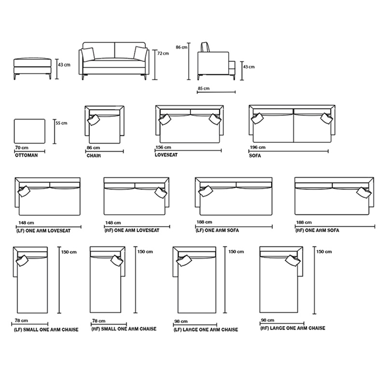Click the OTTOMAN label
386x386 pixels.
(26, 156)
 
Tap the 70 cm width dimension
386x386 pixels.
(22, 147)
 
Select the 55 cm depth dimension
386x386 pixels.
(61, 123)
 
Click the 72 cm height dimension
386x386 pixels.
(163, 54)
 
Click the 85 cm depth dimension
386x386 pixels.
(204, 88)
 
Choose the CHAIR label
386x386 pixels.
(94, 156)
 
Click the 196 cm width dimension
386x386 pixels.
(257, 147)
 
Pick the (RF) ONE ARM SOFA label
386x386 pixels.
(317, 231)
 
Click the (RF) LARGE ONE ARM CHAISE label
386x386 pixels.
(292, 328)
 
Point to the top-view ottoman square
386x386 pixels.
(30, 131)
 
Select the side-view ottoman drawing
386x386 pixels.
(31, 65)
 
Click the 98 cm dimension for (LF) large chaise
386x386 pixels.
(181, 321)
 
